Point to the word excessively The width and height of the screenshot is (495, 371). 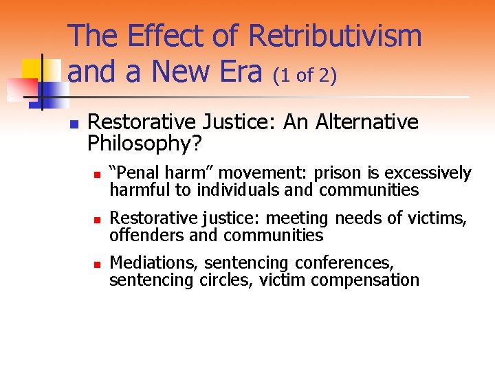428,173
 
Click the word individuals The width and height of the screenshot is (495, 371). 241,189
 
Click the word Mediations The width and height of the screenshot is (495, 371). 155,263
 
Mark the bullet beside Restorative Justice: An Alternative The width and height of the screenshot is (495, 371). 73,125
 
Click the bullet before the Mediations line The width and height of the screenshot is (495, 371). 97,265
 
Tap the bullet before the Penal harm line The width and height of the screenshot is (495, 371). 97,175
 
